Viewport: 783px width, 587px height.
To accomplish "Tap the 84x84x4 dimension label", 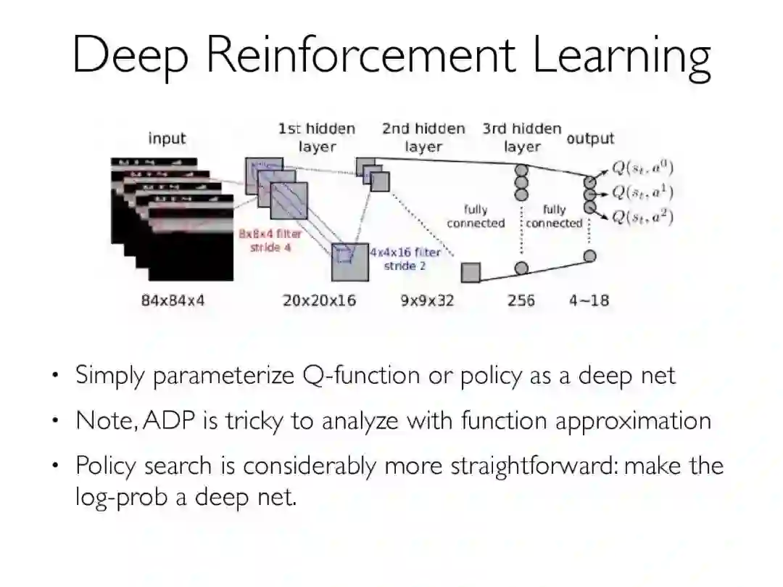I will coord(173,300).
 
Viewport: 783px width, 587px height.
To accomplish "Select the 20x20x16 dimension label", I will coord(319,300).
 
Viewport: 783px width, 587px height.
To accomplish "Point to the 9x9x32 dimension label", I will coord(427,300).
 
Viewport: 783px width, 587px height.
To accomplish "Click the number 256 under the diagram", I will coord(521,300).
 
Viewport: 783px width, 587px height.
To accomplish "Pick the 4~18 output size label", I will coord(589,300).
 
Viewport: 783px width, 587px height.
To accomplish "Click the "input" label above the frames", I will coord(167,139).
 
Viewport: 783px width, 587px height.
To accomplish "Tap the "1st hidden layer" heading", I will coord(317,137).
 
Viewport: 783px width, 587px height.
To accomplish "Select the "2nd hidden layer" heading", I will coord(423,137).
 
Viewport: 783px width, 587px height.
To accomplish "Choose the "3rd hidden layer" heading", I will coord(522,137).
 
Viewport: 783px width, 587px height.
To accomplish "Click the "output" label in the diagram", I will coord(590,139).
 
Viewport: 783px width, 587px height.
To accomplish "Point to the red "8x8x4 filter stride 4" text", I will coord(270,241).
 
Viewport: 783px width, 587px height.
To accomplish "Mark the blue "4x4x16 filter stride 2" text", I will coord(405,259).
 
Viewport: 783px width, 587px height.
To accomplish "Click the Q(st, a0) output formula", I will coord(642,168).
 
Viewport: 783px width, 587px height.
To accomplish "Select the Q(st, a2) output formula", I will coord(642,216).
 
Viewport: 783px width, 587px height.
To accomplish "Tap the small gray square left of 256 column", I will coord(471,272).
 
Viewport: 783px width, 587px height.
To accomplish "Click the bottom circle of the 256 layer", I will coord(521,268).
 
